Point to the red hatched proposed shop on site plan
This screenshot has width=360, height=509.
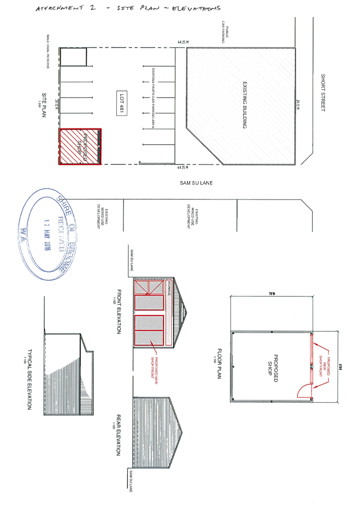(80, 146)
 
